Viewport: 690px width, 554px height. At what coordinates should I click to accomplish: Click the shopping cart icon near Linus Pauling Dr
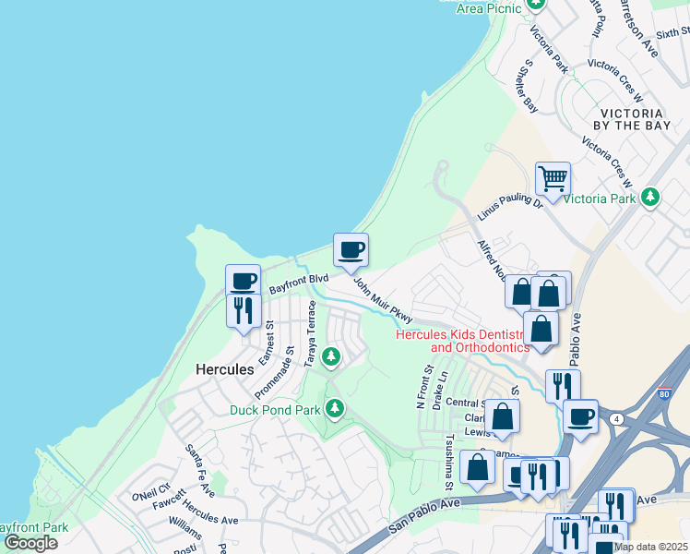click(552, 178)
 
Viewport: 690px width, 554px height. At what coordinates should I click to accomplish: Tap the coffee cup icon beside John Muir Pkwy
click(351, 249)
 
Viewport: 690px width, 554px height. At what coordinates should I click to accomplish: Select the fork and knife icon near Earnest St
click(244, 309)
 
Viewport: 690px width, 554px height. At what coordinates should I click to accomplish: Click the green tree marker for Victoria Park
click(650, 197)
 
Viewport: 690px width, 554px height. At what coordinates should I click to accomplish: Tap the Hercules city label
click(224, 369)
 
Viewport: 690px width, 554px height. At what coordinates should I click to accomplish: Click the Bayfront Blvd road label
click(299, 283)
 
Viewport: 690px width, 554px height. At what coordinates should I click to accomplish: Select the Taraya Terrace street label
click(312, 333)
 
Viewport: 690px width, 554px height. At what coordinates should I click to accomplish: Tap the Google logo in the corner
click(30, 543)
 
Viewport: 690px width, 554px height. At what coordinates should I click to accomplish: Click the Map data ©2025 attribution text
click(651, 547)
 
